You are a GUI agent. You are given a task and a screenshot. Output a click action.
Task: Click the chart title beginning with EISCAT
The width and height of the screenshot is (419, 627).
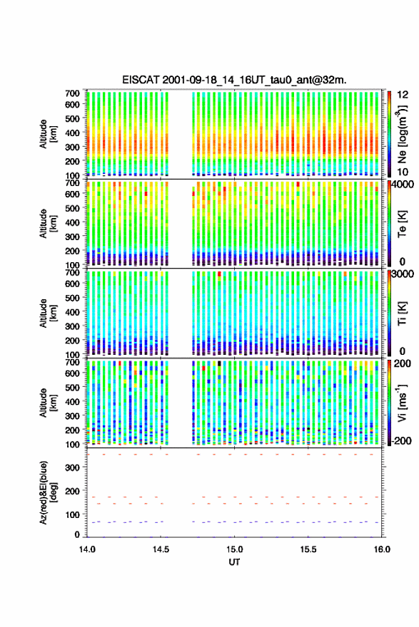pyautogui.click(x=234, y=80)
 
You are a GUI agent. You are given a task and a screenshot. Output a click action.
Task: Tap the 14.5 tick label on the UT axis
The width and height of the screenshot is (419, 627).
pyautogui.click(x=161, y=549)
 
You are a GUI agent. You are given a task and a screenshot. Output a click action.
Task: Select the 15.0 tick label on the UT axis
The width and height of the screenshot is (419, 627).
pyautogui.click(x=234, y=549)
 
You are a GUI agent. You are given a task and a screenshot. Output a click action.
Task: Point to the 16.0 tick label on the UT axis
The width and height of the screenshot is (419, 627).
pyautogui.click(x=382, y=549)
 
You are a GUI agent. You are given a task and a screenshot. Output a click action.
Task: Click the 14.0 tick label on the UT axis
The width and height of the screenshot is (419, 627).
pyautogui.click(x=87, y=549)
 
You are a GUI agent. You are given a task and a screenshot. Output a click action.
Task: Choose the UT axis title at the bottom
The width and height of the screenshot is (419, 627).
pyautogui.click(x=234, y=562)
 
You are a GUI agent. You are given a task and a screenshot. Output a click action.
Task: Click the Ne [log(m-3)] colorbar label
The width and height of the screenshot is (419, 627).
pyautogui.click(x=402, y=135)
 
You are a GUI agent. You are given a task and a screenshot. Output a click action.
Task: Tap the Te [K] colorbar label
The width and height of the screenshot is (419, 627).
pyautogui.click(x=402, y=224)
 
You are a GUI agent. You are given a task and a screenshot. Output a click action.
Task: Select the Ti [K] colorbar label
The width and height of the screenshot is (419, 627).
pyautogui.click(x=402, y=313)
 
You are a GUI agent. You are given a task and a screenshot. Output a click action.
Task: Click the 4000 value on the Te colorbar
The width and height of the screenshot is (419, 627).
pyautogui.click(x=403, y=186)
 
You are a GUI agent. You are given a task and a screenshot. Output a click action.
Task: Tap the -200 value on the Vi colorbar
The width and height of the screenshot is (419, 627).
pyautogui.click(x=402, y=440)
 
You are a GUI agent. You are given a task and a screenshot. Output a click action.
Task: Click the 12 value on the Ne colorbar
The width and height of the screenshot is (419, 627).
pyautogui.click(x=403, y=95)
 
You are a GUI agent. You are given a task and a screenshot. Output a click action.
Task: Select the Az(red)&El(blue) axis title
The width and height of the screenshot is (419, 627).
pyautogui.click(x=48, y=492)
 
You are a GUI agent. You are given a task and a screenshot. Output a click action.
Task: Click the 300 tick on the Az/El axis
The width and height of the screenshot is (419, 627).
pyautogui.click(x=73, y=467)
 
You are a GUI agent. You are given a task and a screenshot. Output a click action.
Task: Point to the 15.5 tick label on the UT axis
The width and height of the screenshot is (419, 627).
pyautogui.click(x=308, y=549)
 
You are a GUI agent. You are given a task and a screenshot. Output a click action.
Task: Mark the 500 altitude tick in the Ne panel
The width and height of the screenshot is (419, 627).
pyautogui.click(x=73, y=118)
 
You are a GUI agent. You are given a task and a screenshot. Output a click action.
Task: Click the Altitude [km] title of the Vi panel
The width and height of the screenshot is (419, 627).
pyautogui.click(x=48, y=403)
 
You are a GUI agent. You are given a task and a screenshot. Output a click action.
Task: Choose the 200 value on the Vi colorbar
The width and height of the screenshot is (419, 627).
pyautogui.click(x=403, y=363)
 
